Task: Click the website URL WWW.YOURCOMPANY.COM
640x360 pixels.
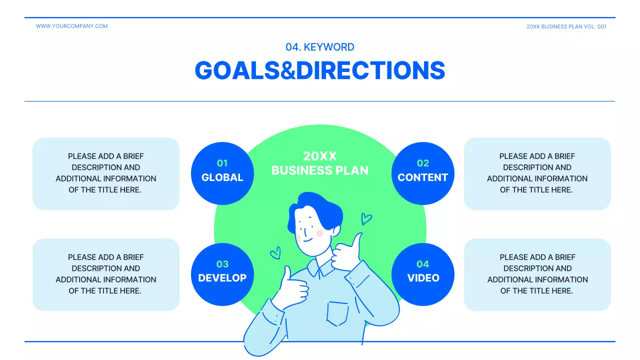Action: (x=71, y=26)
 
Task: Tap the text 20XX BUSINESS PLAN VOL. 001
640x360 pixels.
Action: (x=566, y=26)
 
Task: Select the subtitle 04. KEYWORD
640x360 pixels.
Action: (x=320, y=47)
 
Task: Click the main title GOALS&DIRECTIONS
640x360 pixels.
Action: (x=320, y=70)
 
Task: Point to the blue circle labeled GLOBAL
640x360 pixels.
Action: (x=222, y=173)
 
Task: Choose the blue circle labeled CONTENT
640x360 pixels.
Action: (x=422, y=173)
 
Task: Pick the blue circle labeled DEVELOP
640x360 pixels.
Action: (x=222, y=274)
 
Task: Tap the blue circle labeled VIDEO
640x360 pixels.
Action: (x=422, y=274)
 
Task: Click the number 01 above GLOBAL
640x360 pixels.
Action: (x=222, y=163)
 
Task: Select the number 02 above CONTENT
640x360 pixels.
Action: (x=423, y=163)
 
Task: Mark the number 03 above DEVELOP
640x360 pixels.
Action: (x=222, y=264)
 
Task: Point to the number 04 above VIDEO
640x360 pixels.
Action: (x=423, y=264)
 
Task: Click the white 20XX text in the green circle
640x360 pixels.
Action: (x=320, y=156)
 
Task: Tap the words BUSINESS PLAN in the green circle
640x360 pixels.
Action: (x=320, y=170)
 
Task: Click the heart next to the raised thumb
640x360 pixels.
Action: (x=366, y=219)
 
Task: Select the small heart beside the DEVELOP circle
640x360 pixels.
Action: (x=275, y=254)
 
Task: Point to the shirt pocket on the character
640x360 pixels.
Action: (x=337, y=312)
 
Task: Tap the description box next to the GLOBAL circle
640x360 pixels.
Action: (x=106, y=173)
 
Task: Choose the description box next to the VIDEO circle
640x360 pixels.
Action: (x=537, y=274)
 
